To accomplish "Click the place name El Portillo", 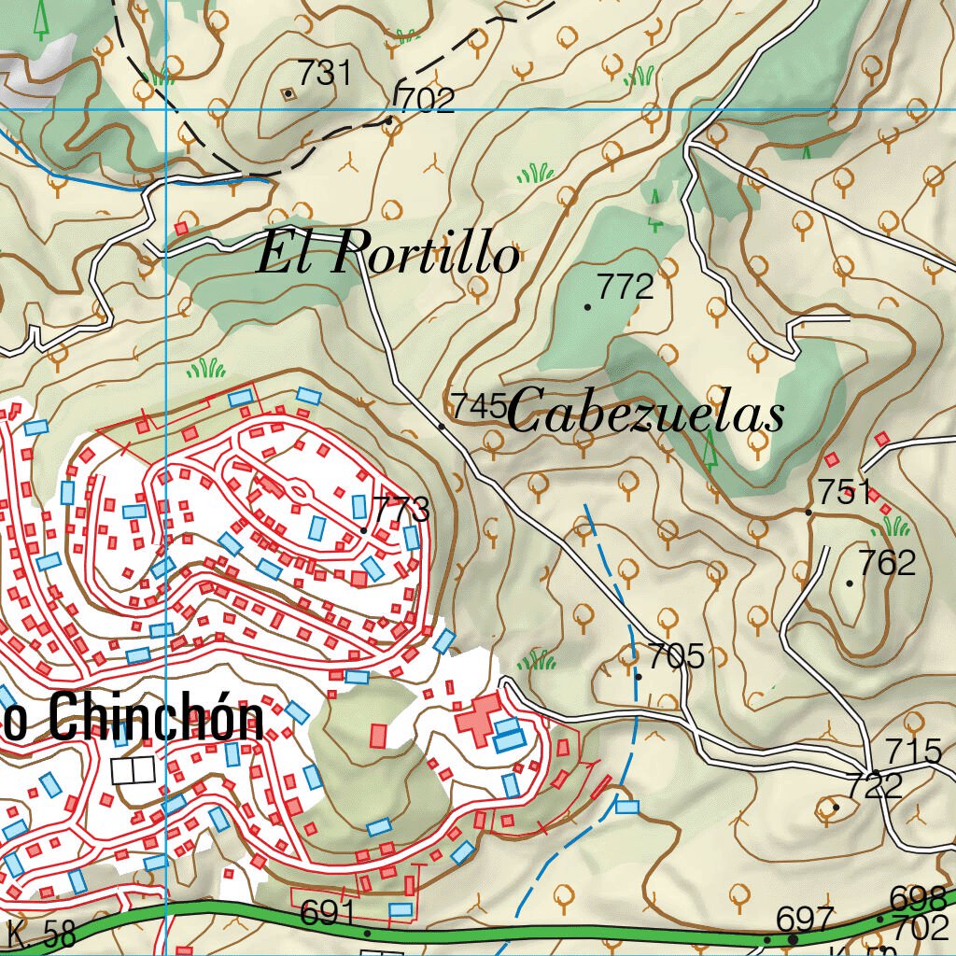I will (387, 253).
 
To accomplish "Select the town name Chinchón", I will (155, 720).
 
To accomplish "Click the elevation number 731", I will (324, 73).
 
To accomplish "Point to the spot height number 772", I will (626, 288).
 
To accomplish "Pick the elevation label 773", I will (401, 510).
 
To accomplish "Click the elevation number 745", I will (478, 406).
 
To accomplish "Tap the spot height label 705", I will (676, 656).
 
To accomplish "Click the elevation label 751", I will (845, 491).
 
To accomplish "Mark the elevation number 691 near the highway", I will (329, 914).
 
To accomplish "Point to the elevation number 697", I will (805, 920).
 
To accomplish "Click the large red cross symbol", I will (478, 717).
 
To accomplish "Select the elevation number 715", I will (912, 750).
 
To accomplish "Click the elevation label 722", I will (875, 785).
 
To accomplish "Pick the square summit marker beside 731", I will (288, 92).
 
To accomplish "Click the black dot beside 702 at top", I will (388, 120).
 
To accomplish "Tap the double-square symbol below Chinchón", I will (132, 770).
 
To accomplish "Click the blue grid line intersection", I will (166, 109).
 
